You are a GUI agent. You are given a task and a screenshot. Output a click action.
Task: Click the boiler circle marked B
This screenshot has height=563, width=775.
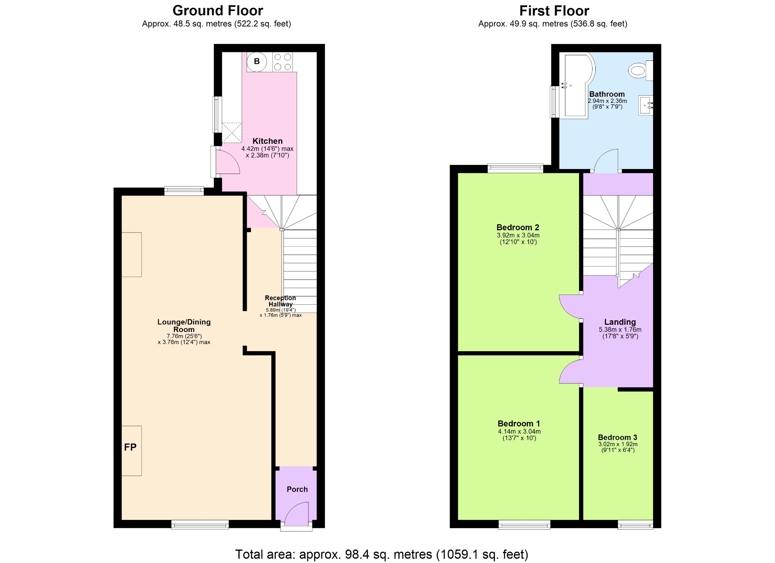(x=257, y=62)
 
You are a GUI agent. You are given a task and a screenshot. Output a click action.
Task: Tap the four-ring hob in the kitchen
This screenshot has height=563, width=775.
(x=283, y=62)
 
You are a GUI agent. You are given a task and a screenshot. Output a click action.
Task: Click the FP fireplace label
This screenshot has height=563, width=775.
(x=130, y=447)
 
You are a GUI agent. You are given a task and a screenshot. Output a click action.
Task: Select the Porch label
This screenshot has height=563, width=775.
(x=297, y=489)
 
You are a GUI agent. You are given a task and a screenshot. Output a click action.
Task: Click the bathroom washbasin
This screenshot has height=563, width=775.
(x=645, y=105)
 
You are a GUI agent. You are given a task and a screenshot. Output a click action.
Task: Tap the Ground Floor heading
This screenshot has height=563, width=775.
(x=218, y=11)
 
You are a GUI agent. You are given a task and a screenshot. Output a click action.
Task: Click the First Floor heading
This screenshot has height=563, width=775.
(x=554, y=11)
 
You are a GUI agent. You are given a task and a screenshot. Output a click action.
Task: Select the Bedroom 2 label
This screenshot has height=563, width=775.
(x=517, y=227)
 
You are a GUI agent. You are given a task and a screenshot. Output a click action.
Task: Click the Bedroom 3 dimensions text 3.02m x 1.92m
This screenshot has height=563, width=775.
(x=618, y=444)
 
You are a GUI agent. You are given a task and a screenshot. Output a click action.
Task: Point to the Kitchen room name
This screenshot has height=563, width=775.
(x=267, y=141)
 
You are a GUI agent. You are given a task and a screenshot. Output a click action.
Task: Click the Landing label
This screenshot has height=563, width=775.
(x=620, y=322)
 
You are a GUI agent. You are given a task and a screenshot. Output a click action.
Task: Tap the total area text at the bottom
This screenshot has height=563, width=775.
(x=381, y=554)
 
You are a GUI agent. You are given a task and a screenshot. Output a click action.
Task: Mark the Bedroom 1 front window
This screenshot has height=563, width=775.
(x=524, y=524)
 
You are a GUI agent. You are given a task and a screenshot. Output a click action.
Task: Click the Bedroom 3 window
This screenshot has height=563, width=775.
(x=635, y=524)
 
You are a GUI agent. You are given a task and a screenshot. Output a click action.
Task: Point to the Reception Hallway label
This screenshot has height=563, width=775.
(x=280, y=301)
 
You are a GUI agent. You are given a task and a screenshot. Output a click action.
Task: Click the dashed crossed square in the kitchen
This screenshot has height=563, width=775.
(x=232, y=132)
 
